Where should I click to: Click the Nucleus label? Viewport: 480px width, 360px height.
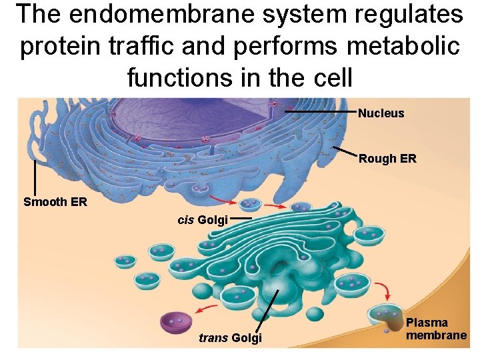tap(381, 113)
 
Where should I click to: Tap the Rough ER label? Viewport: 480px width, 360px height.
tap(387, 159)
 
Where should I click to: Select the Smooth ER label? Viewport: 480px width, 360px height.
tap(55, 202)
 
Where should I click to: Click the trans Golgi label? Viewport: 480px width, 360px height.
tap(230, 339)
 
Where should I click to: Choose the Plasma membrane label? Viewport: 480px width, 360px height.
tap(436, 329)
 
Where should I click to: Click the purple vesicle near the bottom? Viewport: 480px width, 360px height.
tap(176, 322)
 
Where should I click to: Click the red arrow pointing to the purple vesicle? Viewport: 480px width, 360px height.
tap(208, 308)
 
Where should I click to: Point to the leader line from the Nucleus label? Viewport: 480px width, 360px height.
tap(320, 113)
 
